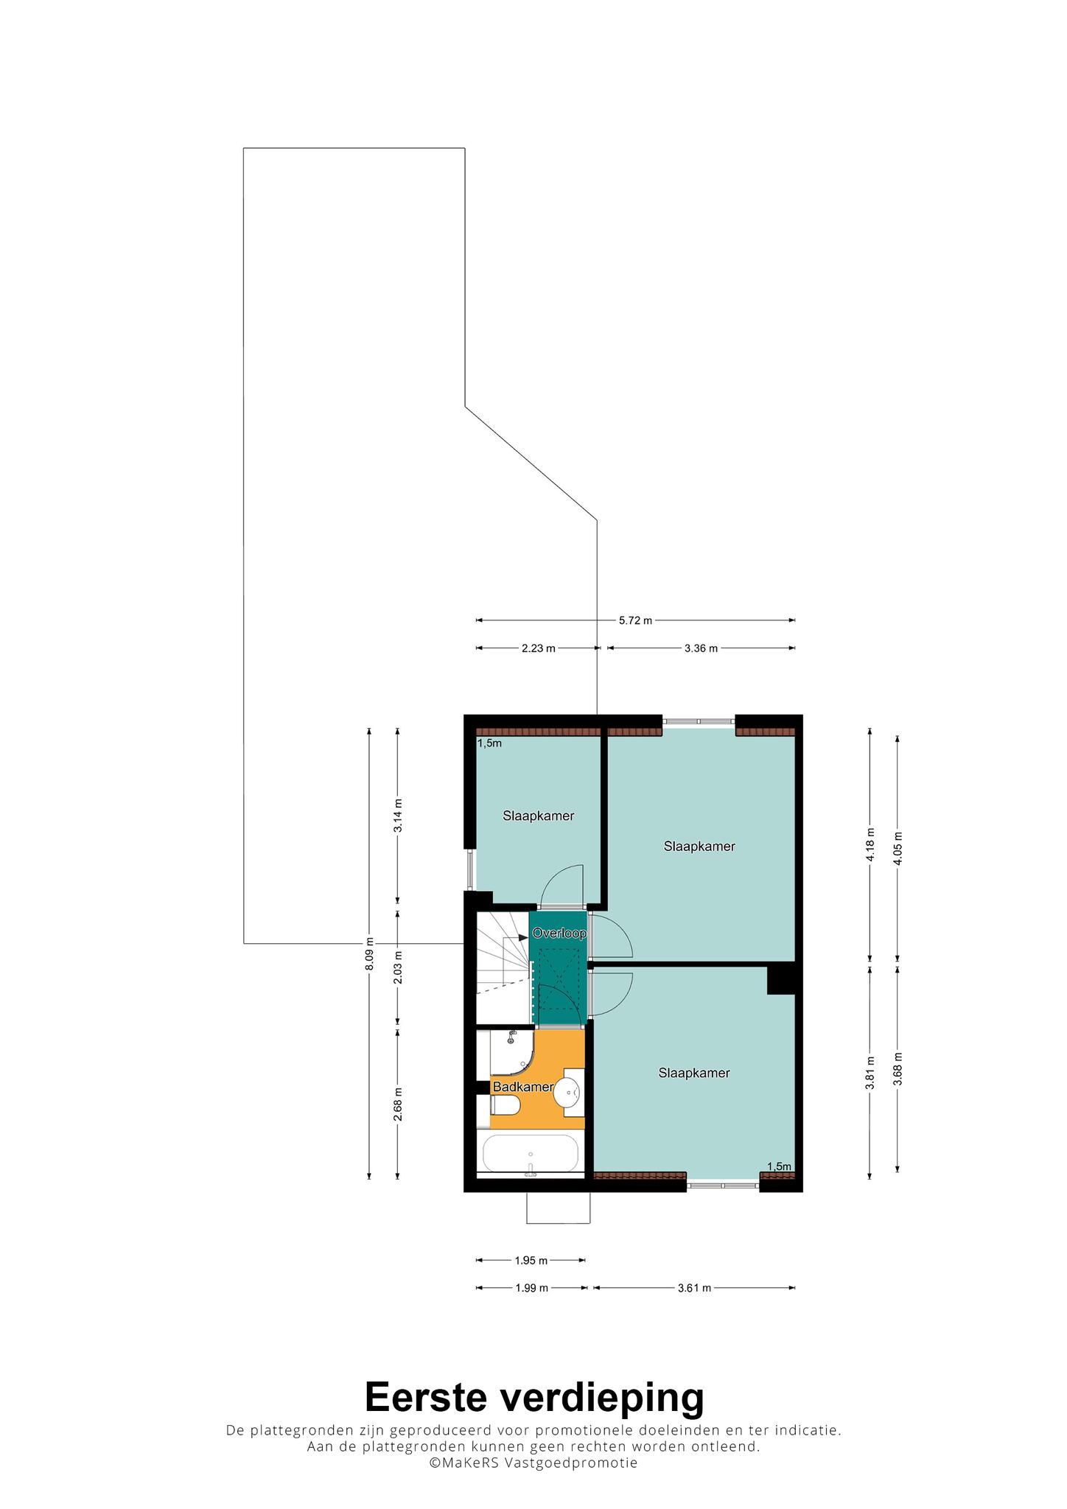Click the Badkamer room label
[x=523, y=1087]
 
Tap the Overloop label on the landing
[x=559, y=934]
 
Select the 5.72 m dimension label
[x=635, y=620]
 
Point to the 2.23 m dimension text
[x=538, y=648]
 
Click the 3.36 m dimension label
[x=701, y=648]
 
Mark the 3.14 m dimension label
[x=398, y=816]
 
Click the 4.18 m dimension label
[x=870, y=844]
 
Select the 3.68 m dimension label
[x=898, y=1068]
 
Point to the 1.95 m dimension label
[x=531, y=1261]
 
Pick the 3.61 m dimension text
[x=694, y=1288]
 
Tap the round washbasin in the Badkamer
[x=567, y=1092]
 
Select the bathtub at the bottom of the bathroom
[x=530, y=1154]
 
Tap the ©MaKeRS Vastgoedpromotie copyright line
[x=533, y=1463]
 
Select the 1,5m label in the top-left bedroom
[x=489, y=743]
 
